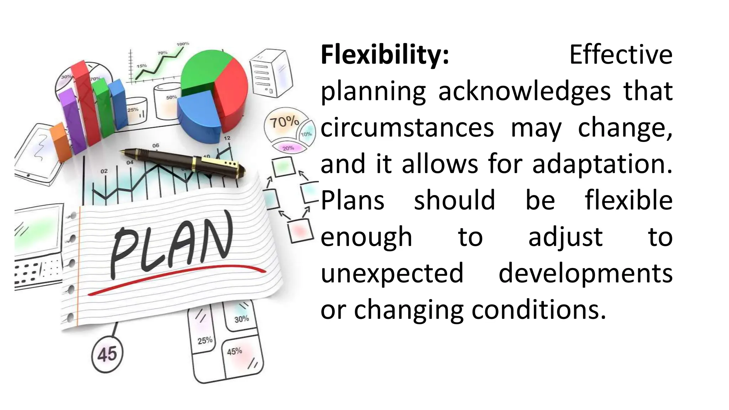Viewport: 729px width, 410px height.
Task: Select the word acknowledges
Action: tap(524, 92)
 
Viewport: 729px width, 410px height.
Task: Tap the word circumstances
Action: tap(407, 128)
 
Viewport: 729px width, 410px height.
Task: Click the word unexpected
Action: tap(392, 273)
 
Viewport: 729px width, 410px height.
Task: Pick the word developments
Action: tap(585, 273)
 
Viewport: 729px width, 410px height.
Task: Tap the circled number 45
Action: tap(107, 354)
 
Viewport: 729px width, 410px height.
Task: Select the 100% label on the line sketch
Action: tap(183, 44)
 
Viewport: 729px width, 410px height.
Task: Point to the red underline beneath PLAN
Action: tap(178, 281)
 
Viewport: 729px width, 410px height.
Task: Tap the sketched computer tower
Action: tap(271, 73)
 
